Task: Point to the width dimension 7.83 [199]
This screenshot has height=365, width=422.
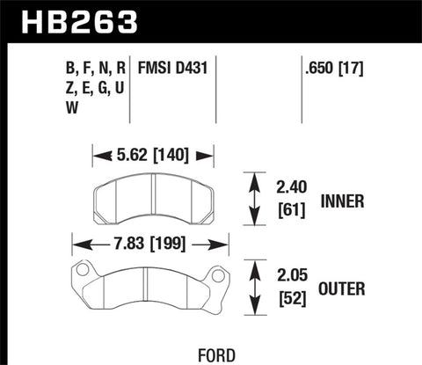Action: tap(149, 243)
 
